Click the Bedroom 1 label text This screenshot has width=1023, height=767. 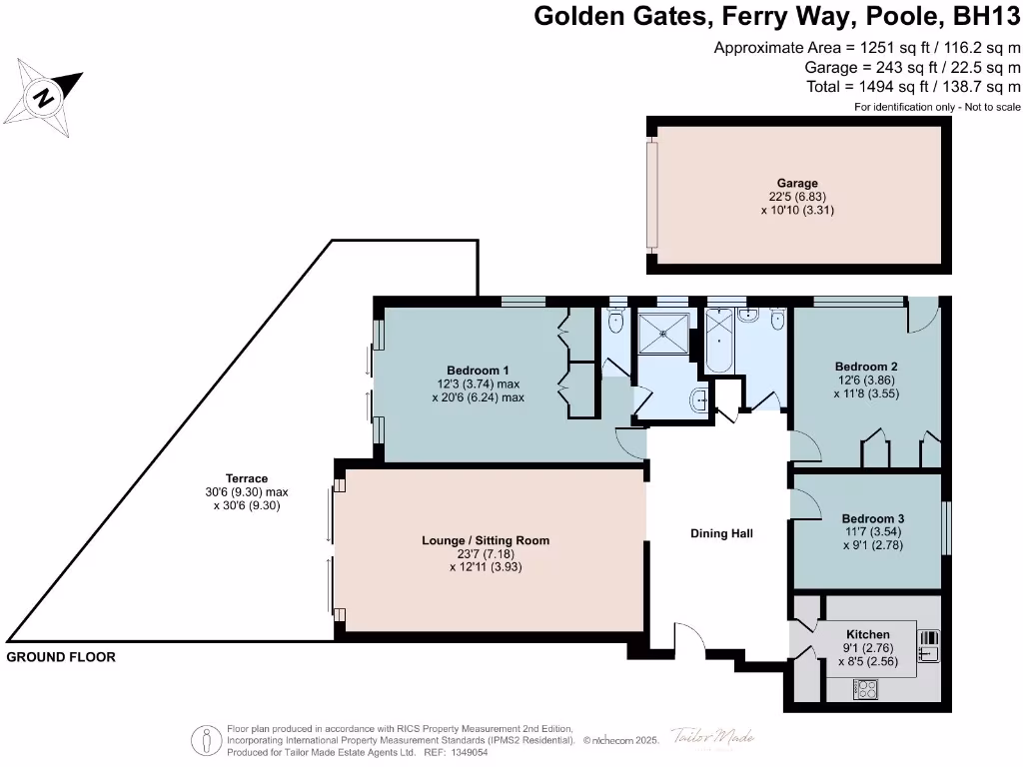click(478, 371)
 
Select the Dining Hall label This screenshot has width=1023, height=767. click(720, 533)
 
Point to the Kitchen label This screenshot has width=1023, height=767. click(867, 634)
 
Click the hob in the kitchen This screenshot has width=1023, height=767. click(865, 688)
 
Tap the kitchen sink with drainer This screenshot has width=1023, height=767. click(929, 645)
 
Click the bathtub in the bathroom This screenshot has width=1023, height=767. click(719, 342)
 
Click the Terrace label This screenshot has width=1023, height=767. click(247, 478)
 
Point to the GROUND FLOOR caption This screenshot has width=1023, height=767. click(61, 657)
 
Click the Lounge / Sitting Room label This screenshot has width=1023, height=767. click(486, 540)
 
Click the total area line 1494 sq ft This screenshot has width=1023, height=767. click(913, 87)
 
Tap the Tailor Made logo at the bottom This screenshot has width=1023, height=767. click(711, 737)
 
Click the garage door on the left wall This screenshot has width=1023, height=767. click(651, 195)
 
